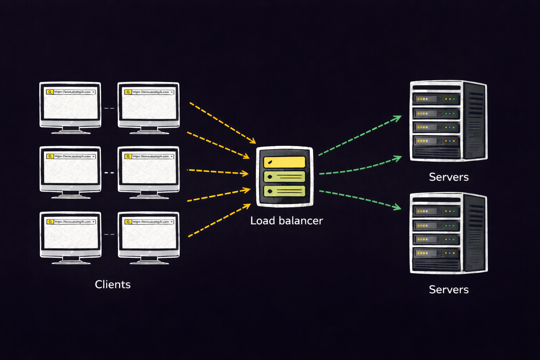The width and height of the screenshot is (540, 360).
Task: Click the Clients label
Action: [x=112, y=284]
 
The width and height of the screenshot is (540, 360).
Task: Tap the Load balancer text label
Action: [x=287, y=221]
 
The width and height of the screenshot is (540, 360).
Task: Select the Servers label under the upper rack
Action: [x=449, y=177]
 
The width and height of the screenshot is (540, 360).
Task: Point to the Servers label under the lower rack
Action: [x=449, y=289]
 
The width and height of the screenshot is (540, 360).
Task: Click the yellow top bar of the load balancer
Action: [x=284, y=162]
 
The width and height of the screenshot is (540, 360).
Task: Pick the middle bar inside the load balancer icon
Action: [x=284, y=176]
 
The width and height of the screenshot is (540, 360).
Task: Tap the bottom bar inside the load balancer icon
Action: [x=284, y=191]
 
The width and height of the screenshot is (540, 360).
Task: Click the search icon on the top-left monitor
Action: [x=50, y=92]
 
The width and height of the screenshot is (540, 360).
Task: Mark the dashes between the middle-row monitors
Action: [x=109, y=173]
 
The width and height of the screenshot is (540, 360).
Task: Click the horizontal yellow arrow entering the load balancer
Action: [x=218, y=172]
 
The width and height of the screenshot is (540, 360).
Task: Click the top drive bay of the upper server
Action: [x=436, y=99]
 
